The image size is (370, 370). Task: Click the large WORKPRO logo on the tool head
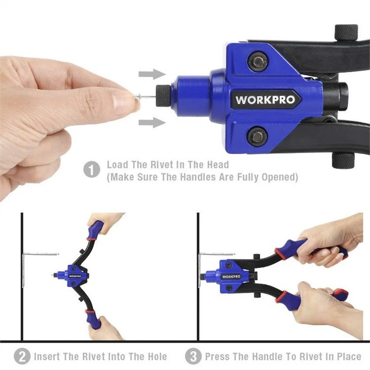(x=265, y=99)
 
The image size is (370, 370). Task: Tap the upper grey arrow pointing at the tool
(x=152, y=74)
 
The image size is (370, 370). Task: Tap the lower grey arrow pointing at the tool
(x=152, y=123)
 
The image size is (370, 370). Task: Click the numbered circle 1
(x=92, y=169)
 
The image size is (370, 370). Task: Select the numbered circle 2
(x=22, y=356)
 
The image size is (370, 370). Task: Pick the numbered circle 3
(x=193, y=356)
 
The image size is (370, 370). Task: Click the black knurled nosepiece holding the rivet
(x=163, y=96)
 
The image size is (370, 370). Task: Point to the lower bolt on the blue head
(x=257, y=136)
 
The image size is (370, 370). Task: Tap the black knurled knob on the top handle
(x=346, y=32)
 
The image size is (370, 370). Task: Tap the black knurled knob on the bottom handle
(x=343, y=160)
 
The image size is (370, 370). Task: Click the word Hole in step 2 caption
(x=157, y=356)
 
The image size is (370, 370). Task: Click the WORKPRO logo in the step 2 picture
(x=75, y=276)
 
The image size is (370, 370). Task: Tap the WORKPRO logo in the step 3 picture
(x=231, y=277)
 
